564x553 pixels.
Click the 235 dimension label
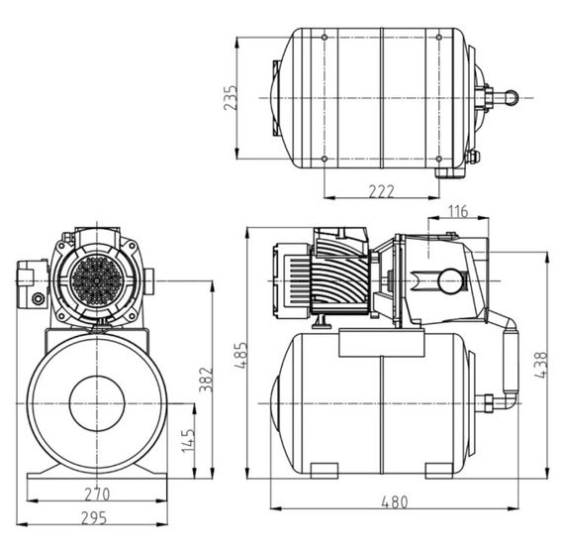click(x=231, y=98)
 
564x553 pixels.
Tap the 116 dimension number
click(x=456, y=211)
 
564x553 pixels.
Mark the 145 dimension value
click(x=186, y=442)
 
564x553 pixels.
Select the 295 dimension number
click(x=96, y=517)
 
